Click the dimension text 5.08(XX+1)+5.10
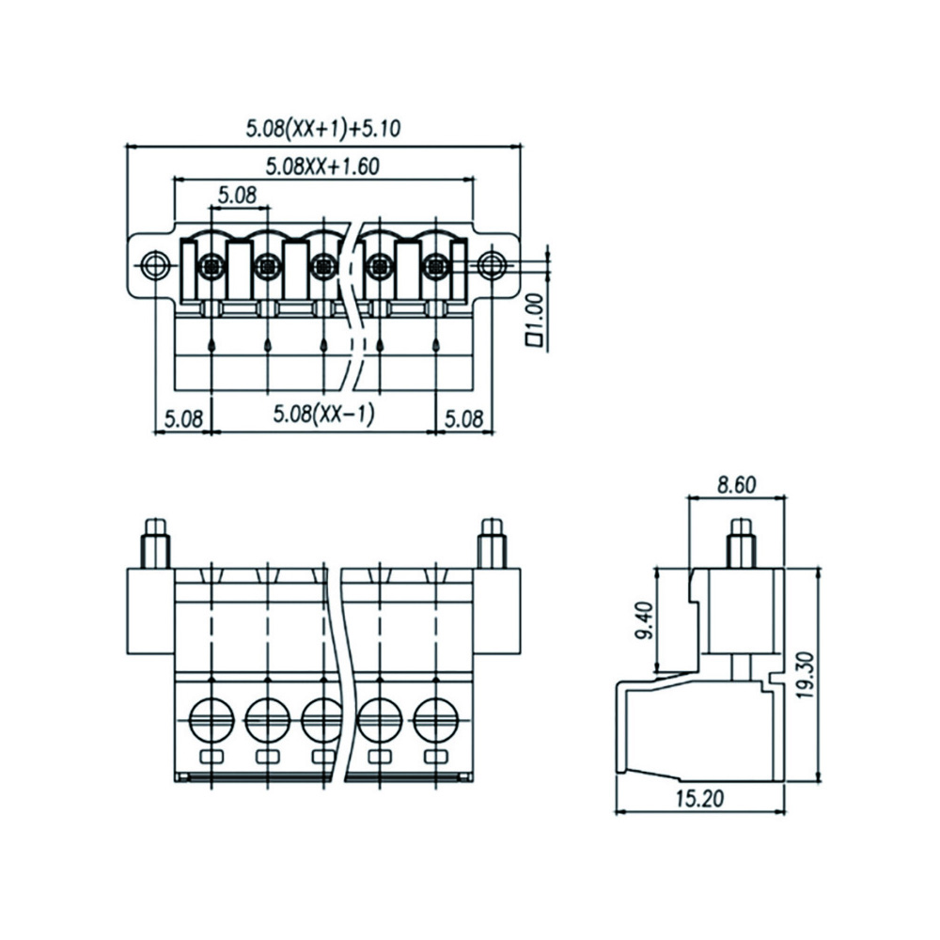323,128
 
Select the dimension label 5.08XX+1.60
322,166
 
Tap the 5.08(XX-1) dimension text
323,415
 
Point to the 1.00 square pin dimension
534,320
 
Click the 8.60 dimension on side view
737,484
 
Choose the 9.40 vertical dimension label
646,620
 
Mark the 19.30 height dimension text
807,675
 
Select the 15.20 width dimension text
699,798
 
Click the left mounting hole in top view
154,264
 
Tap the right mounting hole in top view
493,264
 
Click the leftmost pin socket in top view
211,264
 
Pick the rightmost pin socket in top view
436,264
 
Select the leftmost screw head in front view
211,719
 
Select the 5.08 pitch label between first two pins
237,195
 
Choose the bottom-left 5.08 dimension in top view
183,418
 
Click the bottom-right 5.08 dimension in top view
463,418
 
